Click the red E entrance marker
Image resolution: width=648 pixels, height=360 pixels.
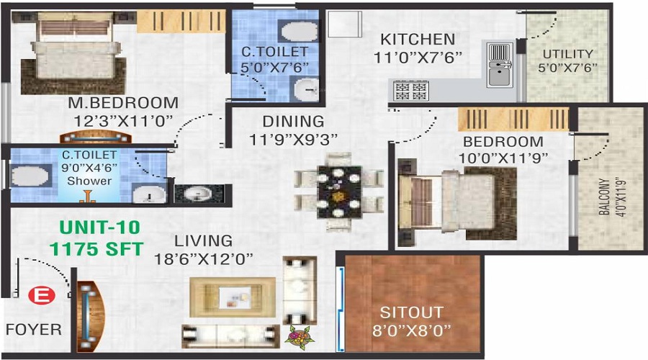pos(42,296)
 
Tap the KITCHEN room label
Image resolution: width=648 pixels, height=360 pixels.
pos(418,40)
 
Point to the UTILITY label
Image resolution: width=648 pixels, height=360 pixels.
pos(567,54)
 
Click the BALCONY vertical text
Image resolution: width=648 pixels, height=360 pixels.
pos(604,197)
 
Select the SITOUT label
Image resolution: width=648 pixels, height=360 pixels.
pos(412,312)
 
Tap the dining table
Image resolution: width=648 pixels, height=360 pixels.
pos(339,192)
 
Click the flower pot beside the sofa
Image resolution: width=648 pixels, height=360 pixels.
pos(300,338)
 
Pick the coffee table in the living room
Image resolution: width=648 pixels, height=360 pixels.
pos(233,297)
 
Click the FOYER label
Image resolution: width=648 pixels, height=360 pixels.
pos(33,330)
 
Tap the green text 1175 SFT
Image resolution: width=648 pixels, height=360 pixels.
pos(96,249)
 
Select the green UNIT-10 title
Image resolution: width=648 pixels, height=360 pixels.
pos(99,228)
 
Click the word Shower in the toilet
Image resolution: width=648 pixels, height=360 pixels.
pos(89,181)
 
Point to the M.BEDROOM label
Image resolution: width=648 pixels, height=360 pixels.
pos(123,103)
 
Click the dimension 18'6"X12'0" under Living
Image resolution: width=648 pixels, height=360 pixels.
pos(203,259)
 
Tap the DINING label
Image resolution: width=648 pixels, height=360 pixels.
pos(294,122)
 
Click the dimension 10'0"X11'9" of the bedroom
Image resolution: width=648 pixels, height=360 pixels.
pos(503,158)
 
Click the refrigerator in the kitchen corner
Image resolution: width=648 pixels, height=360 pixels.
pos(344,24)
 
